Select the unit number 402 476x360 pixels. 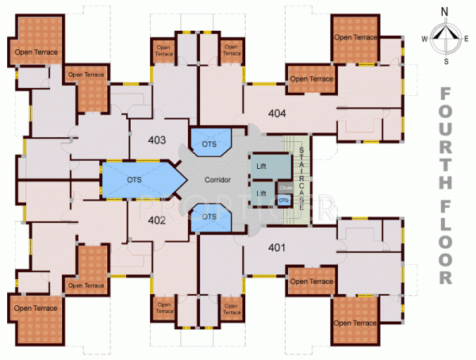(x=156, y=222)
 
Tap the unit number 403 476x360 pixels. (x=156, y=140)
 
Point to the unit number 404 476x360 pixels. (x=277, y=113)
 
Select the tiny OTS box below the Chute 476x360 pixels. (x=284, y=201)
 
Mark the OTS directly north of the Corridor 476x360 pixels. (x=209, y=145)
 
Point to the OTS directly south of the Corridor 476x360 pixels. (x=209, y=216)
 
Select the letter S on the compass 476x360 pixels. (x=447, y=60)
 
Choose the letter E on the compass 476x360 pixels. (x=469, y=37)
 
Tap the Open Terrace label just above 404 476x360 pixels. (x=310, y=79)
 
